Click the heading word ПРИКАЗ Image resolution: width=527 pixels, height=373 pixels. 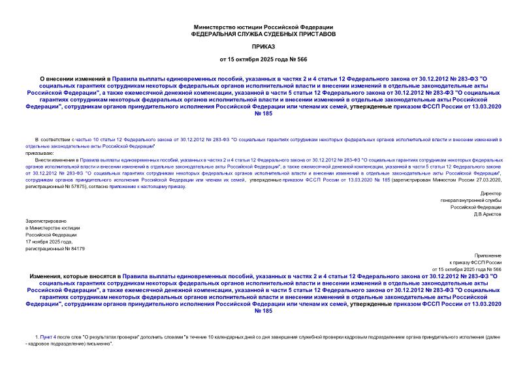(x=263, y=48)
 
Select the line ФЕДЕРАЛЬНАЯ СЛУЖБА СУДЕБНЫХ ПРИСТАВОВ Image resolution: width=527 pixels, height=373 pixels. (x=263, y=33)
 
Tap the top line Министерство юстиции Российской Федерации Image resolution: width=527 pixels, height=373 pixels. (x=263, y=26)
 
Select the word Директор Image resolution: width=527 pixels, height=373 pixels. (x=490, y=194)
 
